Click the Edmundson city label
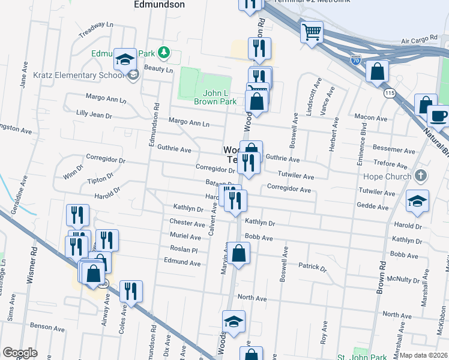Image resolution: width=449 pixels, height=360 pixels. (158, 4)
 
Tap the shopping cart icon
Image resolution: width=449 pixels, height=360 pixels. (312, 32)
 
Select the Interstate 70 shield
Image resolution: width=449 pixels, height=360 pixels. (355, 60)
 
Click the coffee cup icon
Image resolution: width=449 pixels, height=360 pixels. (438, 116)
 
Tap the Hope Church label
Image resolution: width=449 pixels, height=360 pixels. (387, 176)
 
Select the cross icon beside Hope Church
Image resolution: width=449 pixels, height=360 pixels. (421, 176)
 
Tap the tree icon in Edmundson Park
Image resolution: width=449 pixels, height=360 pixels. (163, 53)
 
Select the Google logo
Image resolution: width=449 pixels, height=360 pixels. (20, 353)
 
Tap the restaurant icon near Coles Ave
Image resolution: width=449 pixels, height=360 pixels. (131, 292)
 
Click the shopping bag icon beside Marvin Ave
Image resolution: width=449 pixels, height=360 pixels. (238, 253)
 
